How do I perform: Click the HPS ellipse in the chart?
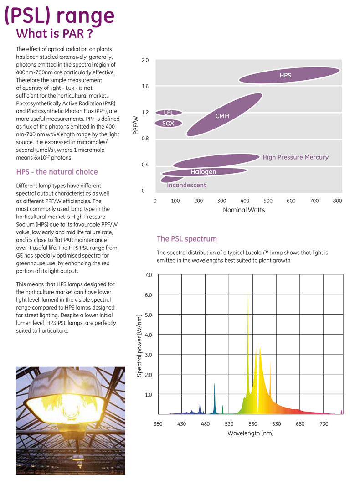[289, 75]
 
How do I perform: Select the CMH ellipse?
[223, 115]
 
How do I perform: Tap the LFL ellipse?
[169, 113]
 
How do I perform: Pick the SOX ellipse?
[169, 123]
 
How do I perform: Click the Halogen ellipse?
[204, 172]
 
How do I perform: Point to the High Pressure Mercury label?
[295, 157]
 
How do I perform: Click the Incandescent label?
[186, 185]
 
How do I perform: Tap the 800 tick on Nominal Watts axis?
[337, 201]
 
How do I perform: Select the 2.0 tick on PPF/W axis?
[145, 60]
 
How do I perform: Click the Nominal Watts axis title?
[244, 210]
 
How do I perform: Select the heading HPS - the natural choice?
[57, 172]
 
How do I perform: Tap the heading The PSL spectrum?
[187, 239]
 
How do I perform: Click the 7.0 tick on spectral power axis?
[149, 275]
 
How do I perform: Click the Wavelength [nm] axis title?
[250, 433]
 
